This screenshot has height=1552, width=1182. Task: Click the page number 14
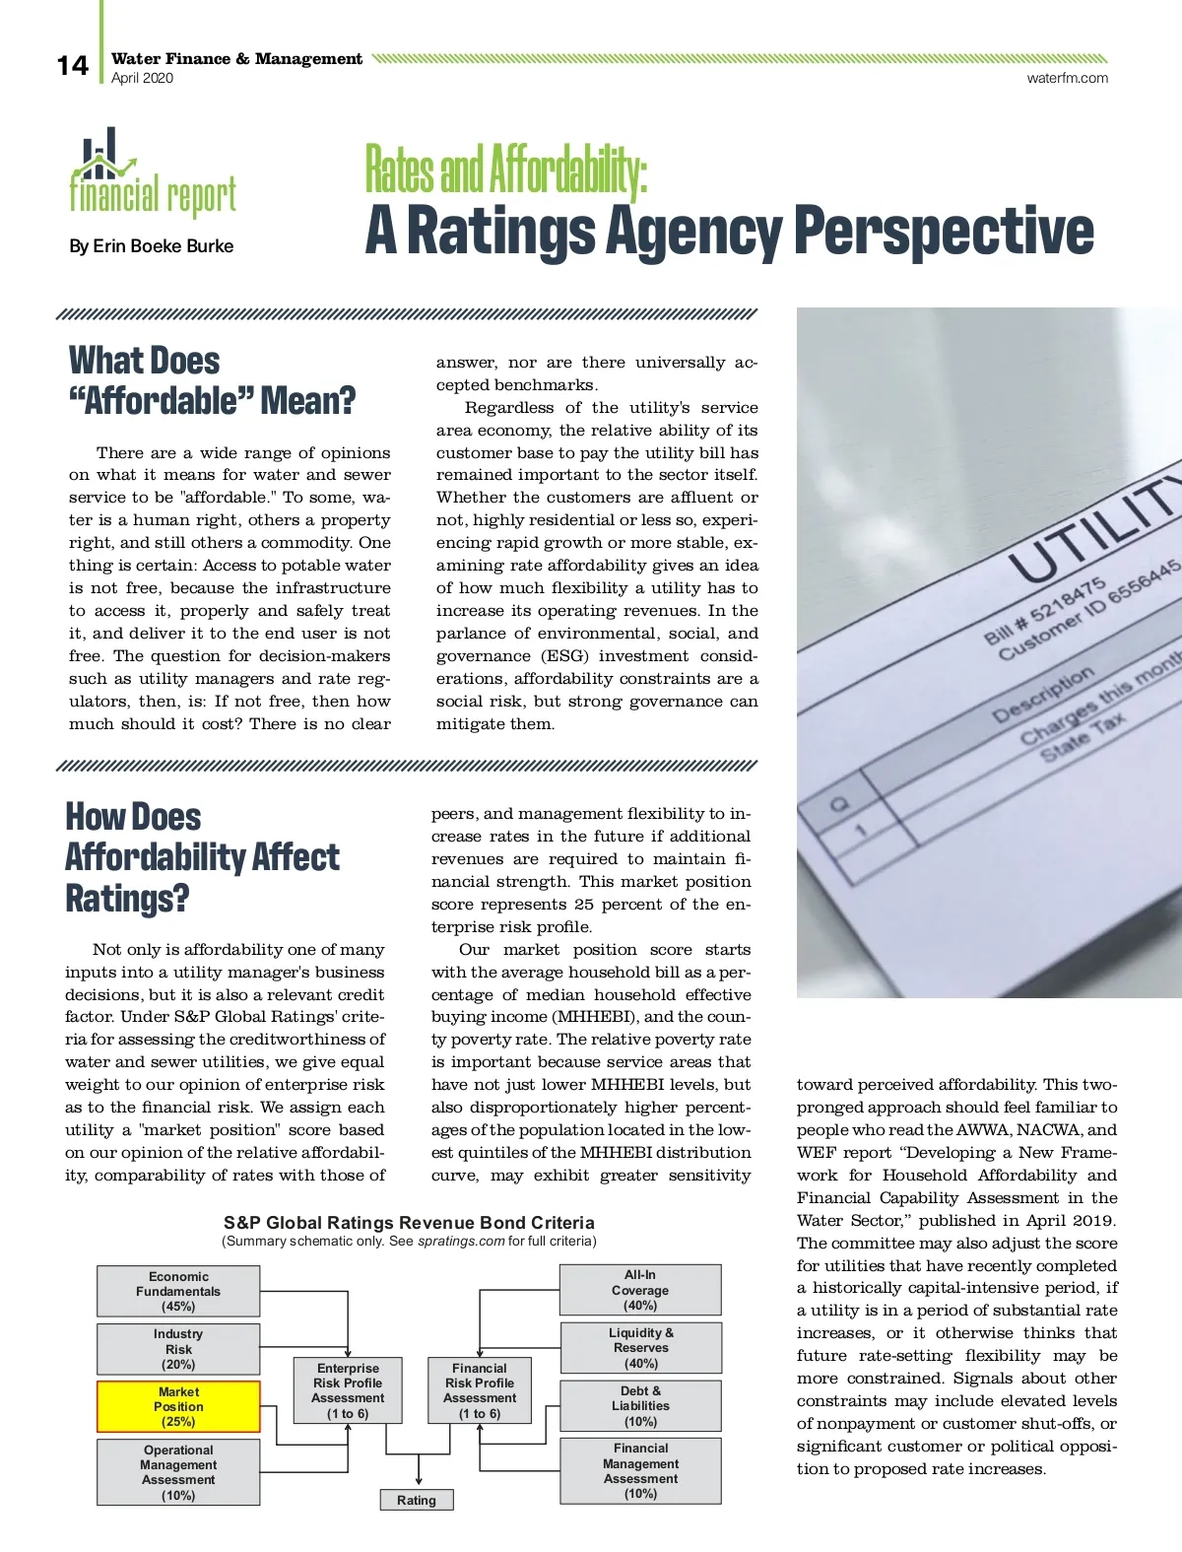pos(72,66)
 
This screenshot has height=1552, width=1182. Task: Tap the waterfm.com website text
pos(1067,78)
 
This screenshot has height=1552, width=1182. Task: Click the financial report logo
pos(152,174)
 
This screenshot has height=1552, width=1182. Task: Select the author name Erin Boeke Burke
pos(152,246)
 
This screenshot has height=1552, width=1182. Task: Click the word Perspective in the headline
pos(943,231)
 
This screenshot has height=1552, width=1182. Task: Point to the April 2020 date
pos(142,79)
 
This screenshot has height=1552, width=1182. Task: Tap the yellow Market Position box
pos(178,1406)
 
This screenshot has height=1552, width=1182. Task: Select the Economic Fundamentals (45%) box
pos(178,1291)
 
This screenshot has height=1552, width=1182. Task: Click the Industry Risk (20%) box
pos(178,1349)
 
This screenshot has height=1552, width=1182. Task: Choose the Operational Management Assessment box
pos(178,1472)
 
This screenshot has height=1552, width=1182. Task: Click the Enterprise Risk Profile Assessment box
pos(348,1389)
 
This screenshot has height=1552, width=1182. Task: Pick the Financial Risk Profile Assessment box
pos(480,1389)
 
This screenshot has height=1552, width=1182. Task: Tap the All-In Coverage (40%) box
pos(640,1290)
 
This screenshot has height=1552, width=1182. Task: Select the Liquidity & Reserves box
pos(640,1348)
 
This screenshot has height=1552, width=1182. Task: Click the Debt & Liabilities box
pos(640,1406)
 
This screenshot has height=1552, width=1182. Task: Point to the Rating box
pos(417,1500)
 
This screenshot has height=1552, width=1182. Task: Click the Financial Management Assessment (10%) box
pos(640,1471)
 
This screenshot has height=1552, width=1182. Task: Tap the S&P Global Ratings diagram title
pos(409,1223)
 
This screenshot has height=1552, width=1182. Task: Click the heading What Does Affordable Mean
pos(212,380)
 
